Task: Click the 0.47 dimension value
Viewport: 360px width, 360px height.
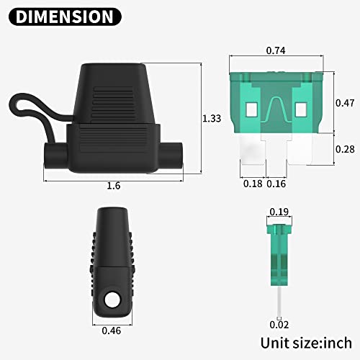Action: [346, 103]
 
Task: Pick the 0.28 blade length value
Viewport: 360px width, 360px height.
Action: [346, 149]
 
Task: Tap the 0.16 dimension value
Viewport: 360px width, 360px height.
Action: [277, 184]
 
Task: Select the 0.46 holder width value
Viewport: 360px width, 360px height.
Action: [111, 332]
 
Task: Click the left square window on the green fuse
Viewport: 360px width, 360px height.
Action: [251, 109]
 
